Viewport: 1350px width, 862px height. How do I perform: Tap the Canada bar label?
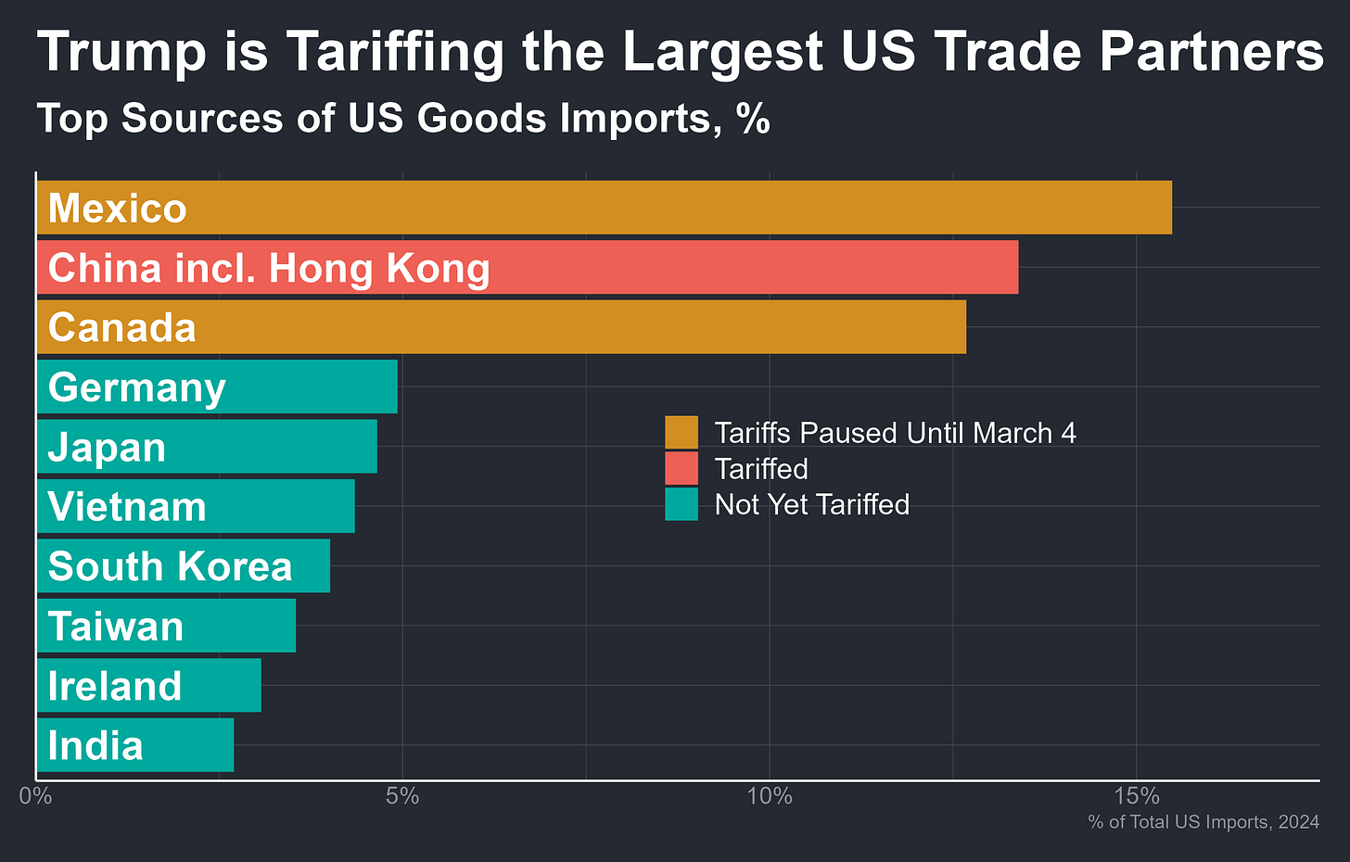tap(121, 328)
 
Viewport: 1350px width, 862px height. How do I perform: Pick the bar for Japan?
tap(278, 447)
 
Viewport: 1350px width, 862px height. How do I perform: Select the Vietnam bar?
tap(278, 506)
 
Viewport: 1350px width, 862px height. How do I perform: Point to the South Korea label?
tap(170, 566)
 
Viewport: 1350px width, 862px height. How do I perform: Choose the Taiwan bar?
tap(241, 626)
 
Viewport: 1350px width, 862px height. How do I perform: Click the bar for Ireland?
tap(223, 686)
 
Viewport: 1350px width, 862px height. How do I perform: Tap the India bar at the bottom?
tap(185, 745)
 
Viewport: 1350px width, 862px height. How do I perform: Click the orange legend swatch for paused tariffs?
tap(681, 433)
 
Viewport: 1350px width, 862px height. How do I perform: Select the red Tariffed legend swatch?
tap(681, 468)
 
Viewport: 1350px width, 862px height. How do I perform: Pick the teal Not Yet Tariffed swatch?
tap(681, 504)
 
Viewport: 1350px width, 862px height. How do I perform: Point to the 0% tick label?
tap(36, 796)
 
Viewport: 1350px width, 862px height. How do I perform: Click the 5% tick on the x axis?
tap(402, 796)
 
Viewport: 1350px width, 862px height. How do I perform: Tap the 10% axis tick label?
tap(770, 796)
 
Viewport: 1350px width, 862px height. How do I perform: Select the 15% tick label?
tap(1137, 796)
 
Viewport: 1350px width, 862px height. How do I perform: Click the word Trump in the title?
tap(121, 52)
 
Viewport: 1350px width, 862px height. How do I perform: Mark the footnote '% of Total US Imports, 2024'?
tap(1204, 822)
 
